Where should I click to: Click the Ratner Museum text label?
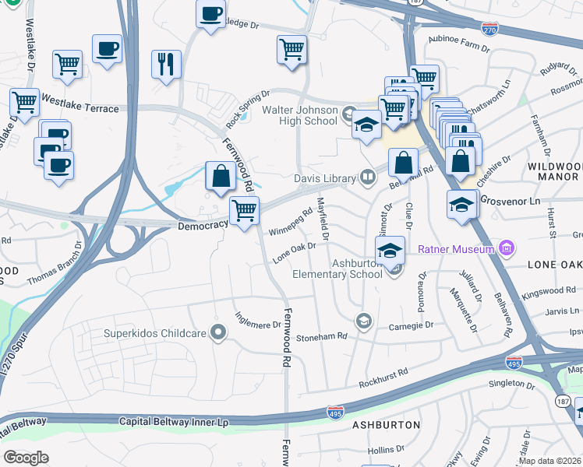click(x=457, y=249)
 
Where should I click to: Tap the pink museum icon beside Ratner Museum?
click(x=507, y=248)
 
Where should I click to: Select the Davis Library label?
click(x=324, y=178)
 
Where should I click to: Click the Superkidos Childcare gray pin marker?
click(x=219, y=333)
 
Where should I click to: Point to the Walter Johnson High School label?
click(x=300, y=116)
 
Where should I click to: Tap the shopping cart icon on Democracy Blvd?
click(x=245, y=210)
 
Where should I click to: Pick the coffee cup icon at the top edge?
click(x=210, y=14)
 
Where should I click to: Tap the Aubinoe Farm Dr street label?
click(x=458, y=43)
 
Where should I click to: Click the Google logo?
click(x=26, y=457)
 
